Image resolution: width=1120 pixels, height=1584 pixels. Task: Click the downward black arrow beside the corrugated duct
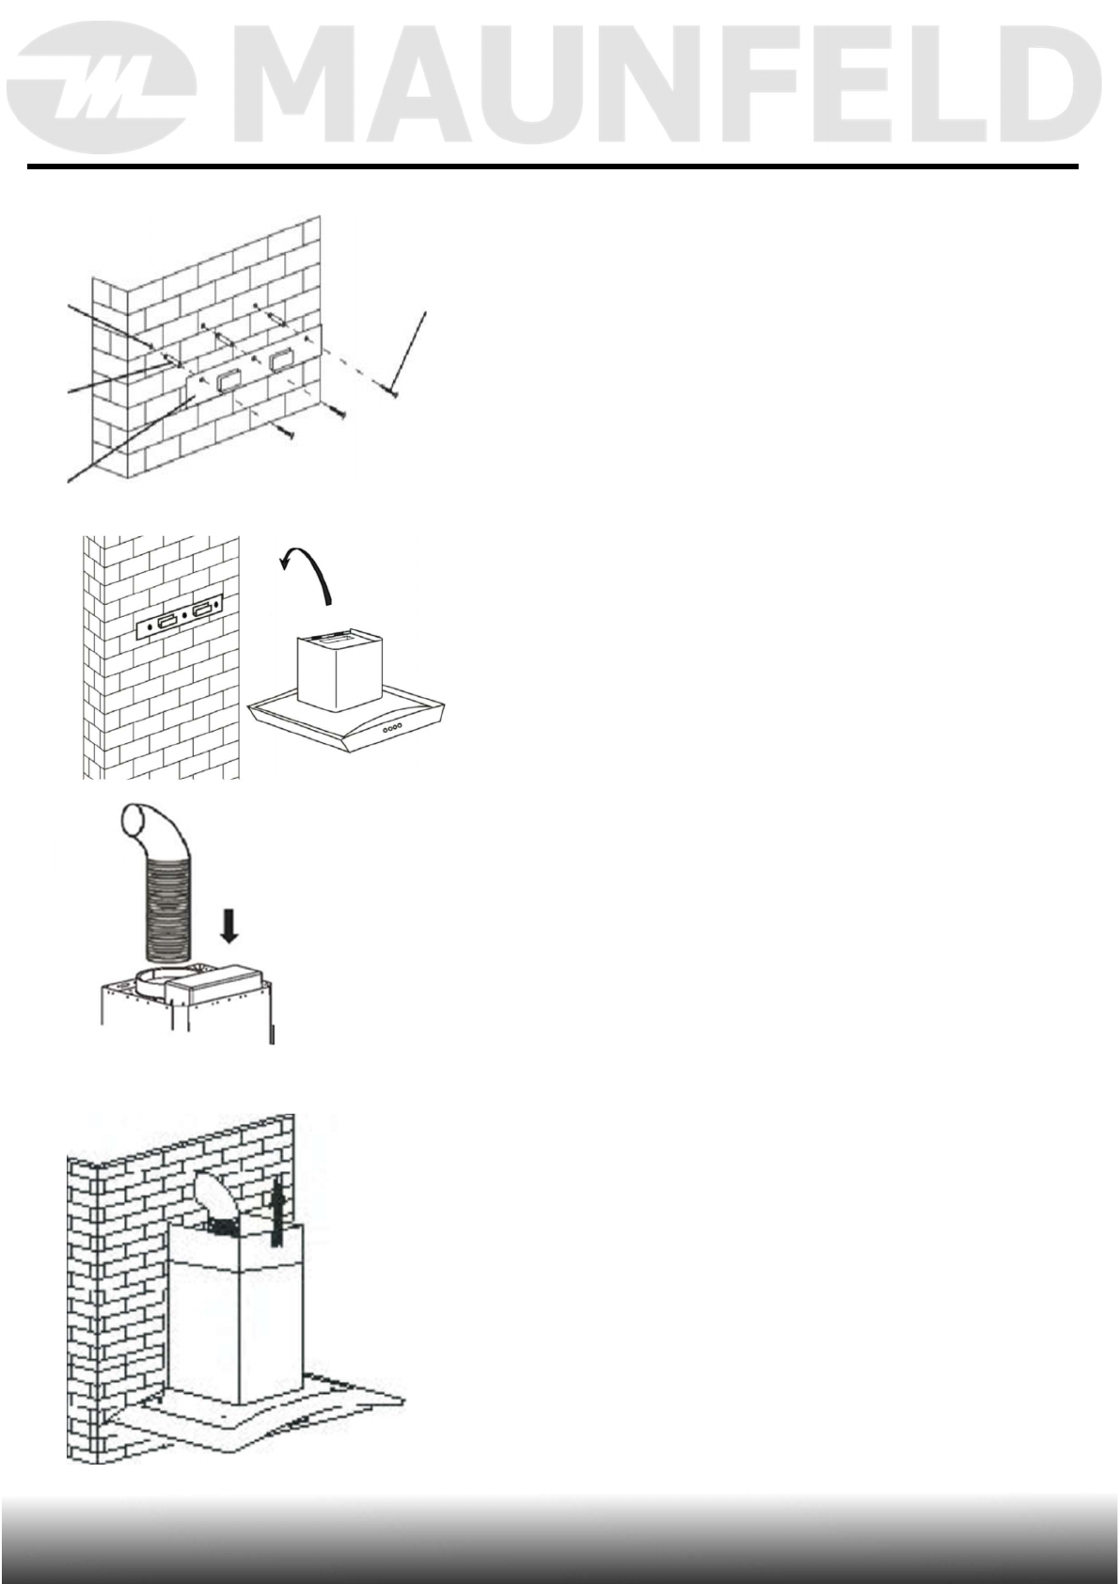coord(229,924)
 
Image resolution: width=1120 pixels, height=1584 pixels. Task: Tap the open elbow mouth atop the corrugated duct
coord(140,825)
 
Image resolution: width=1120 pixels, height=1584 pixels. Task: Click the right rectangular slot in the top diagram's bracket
coord(281,360)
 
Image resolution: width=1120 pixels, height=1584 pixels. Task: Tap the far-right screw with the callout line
coord(393,390)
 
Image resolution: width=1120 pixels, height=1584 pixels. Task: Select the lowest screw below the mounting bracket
coord(288,433)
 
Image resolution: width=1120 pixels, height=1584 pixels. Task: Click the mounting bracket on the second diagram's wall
coord(180,622)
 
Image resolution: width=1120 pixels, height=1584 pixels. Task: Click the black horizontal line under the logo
coord(551,167)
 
